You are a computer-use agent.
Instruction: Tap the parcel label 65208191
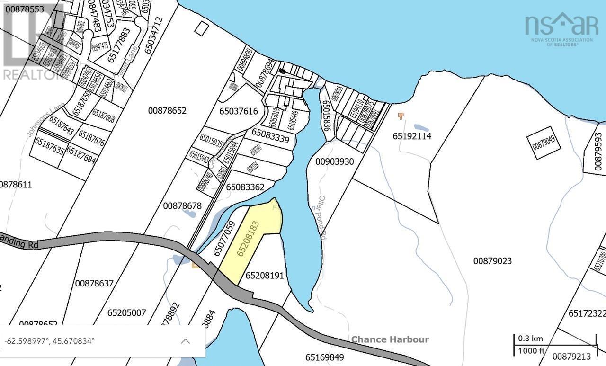click(264, 275)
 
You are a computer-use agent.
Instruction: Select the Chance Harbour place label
click(390, 339)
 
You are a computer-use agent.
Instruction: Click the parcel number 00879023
click(492, 261)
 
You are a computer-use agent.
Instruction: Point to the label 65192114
click(412, 136)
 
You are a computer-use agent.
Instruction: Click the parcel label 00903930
click(335, 161)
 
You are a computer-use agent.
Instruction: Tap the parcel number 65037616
click(239, 111)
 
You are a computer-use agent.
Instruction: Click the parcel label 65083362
click(245, 187)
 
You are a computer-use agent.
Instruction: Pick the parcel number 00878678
click(182, 205)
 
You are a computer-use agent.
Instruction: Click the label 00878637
click(94, 283)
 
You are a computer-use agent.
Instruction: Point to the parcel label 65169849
click(324, 357)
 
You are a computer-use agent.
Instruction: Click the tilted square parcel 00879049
click(547, 143)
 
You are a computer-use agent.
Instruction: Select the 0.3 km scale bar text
click(530, 339)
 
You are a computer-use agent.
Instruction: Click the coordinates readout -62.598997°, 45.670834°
click(50, 341)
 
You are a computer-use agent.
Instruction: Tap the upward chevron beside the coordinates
click(185, 341)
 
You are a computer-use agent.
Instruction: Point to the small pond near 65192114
click(421, 127)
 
